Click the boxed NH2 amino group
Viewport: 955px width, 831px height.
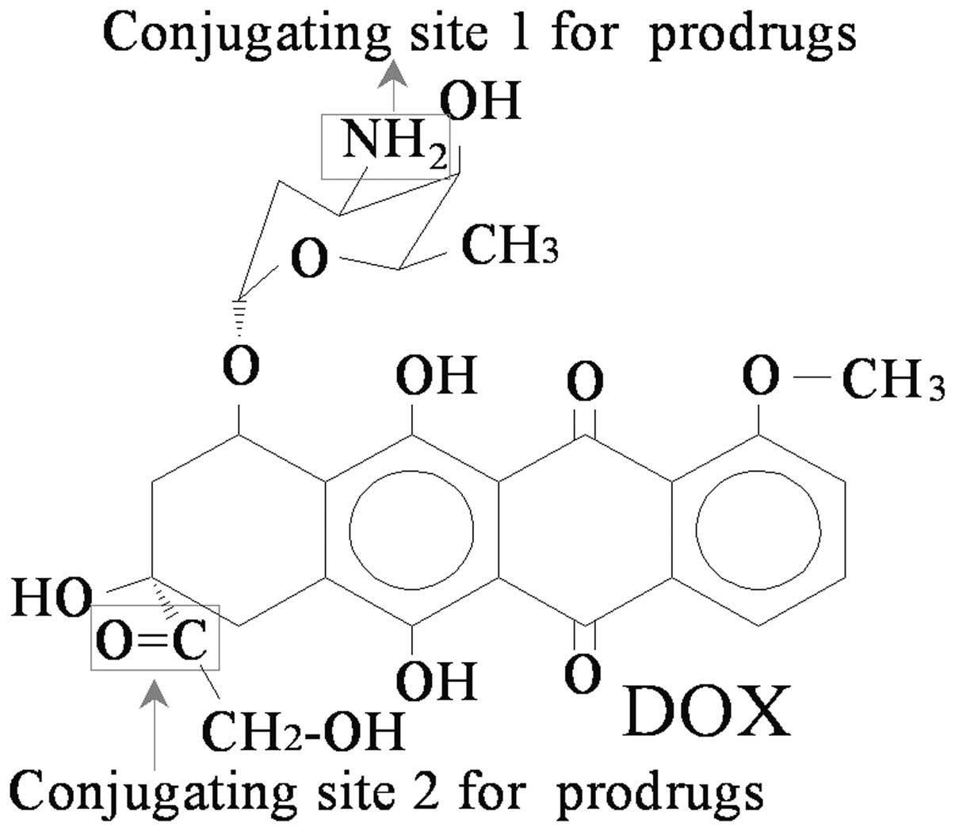click(386, 144)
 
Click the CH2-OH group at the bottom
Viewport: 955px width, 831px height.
click(304, 730)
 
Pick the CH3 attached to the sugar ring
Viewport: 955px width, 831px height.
click(510, 244)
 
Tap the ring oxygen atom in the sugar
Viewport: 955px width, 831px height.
click(309, 258)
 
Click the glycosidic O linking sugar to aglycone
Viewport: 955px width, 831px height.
click(240, 365)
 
